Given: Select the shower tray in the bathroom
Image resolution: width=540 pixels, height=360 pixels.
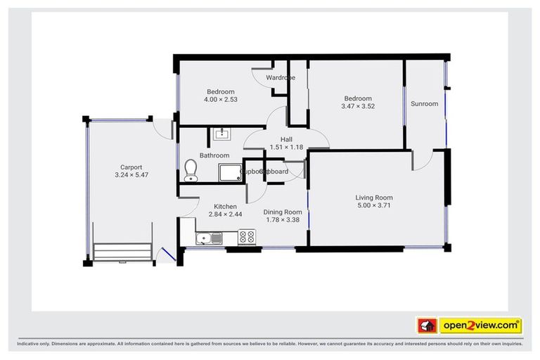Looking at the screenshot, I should (x=229, y=173).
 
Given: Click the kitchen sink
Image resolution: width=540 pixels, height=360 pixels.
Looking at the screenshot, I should (x=209, y=238).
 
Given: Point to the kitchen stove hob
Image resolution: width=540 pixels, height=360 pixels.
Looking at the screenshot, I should (x=247, y=238).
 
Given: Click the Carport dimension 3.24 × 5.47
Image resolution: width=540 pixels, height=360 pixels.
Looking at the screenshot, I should (x=131, y=176).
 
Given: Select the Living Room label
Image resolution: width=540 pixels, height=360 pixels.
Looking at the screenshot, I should (x=374, y=198).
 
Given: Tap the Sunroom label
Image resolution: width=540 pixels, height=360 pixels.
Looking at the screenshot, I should (x=424, y=104).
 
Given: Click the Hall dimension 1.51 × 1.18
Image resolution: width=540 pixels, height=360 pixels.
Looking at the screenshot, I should (x=286, y=148).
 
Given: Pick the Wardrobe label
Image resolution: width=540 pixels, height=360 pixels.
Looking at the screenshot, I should (x=281, y=77).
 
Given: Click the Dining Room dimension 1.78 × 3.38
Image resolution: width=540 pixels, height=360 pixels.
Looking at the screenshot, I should (x=283, y=220).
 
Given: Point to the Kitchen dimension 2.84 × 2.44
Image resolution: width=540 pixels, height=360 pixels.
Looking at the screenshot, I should (x=226, y=214).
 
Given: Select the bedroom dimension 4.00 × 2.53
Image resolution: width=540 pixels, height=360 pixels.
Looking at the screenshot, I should (x=221, y=100).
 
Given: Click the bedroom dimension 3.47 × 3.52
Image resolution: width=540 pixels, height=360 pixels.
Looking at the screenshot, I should (x=358, y=106).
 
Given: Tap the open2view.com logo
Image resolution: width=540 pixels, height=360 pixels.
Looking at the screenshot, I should (x=480, y=326).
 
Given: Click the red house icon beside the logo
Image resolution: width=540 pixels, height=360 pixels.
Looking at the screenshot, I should (x=427, y=326).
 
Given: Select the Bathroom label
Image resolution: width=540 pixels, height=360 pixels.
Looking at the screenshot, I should (x=214, y=155).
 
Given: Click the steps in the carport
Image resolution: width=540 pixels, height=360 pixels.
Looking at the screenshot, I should (x=123, y=252).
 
